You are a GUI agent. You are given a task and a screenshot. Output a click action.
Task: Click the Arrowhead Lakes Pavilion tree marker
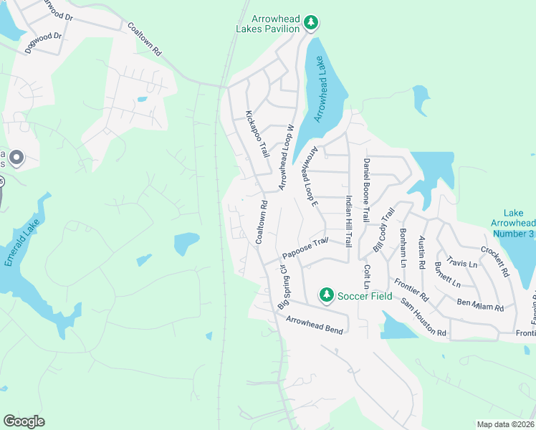pos(311,23)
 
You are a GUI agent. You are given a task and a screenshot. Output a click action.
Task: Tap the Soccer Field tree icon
pos(327,295)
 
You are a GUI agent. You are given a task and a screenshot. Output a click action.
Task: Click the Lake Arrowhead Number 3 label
pos(518,223)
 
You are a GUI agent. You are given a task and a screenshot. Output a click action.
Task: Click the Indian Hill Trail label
pos(349,222)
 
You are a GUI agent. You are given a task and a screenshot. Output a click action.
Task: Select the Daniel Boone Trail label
pos(366,191)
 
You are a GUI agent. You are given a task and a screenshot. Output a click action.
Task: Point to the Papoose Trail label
pos(305,248)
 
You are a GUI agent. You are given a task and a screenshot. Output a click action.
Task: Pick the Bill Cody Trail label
pos(384,229)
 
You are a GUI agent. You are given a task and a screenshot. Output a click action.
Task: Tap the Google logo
pos(24,421)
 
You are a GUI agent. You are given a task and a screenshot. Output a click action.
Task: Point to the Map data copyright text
pos(505,424)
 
